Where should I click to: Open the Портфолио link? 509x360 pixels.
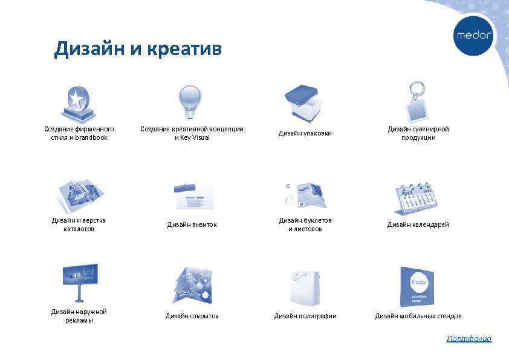tap(469, 339)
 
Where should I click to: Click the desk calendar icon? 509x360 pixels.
tap(418, 195)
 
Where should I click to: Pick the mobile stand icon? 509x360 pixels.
tap(417, 286)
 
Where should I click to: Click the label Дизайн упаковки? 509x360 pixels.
tap(305, 133)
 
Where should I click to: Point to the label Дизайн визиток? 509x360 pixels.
tap(192, 224)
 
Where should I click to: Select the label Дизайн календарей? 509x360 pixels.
tap(418, 224)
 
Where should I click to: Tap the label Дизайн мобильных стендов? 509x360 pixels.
tap(418, 316)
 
